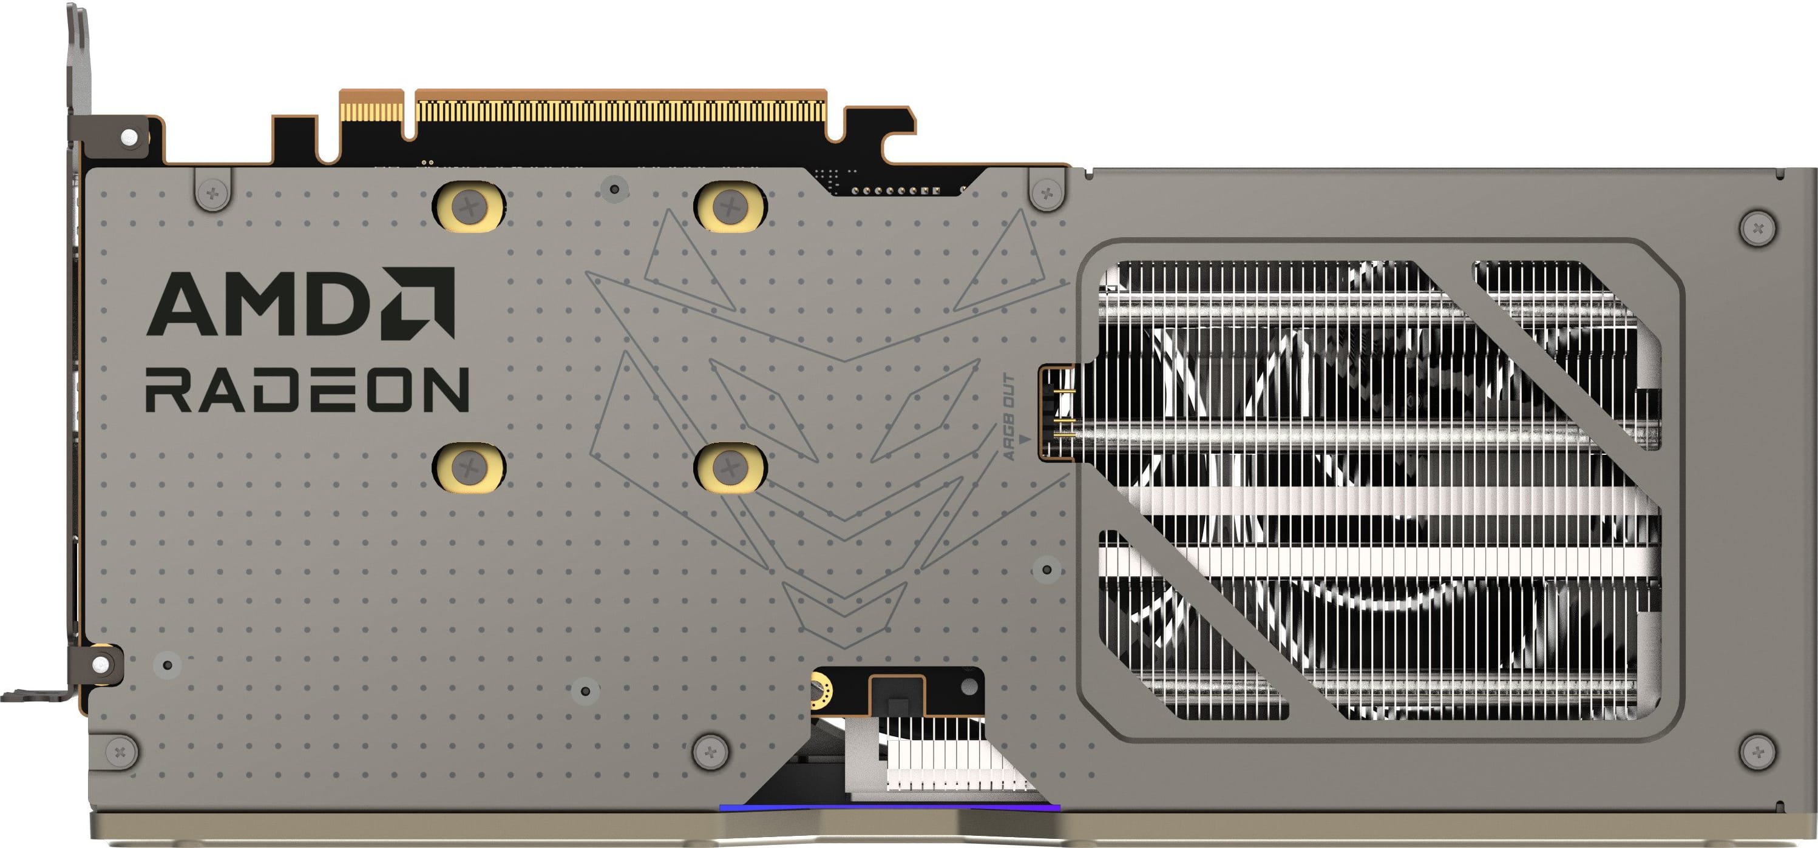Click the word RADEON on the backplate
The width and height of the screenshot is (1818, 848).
point(307,389)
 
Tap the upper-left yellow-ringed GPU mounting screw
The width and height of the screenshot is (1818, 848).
point(468,207)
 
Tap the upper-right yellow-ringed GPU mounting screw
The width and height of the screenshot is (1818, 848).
point(730,207)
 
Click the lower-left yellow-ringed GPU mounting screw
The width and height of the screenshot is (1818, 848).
point(468,467)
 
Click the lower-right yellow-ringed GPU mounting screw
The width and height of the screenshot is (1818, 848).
point(730,467)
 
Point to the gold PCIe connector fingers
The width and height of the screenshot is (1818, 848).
point(621,112)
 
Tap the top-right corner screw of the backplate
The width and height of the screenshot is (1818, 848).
point(1757,228)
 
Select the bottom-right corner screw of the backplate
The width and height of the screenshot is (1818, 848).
point(1757,750)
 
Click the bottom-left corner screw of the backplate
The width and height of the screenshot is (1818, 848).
point(121,750)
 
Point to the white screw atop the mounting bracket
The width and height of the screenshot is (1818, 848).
point(129,137)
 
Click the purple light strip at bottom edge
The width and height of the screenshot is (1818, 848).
point(889,807)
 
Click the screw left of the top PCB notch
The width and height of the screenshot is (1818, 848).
point(212,191)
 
